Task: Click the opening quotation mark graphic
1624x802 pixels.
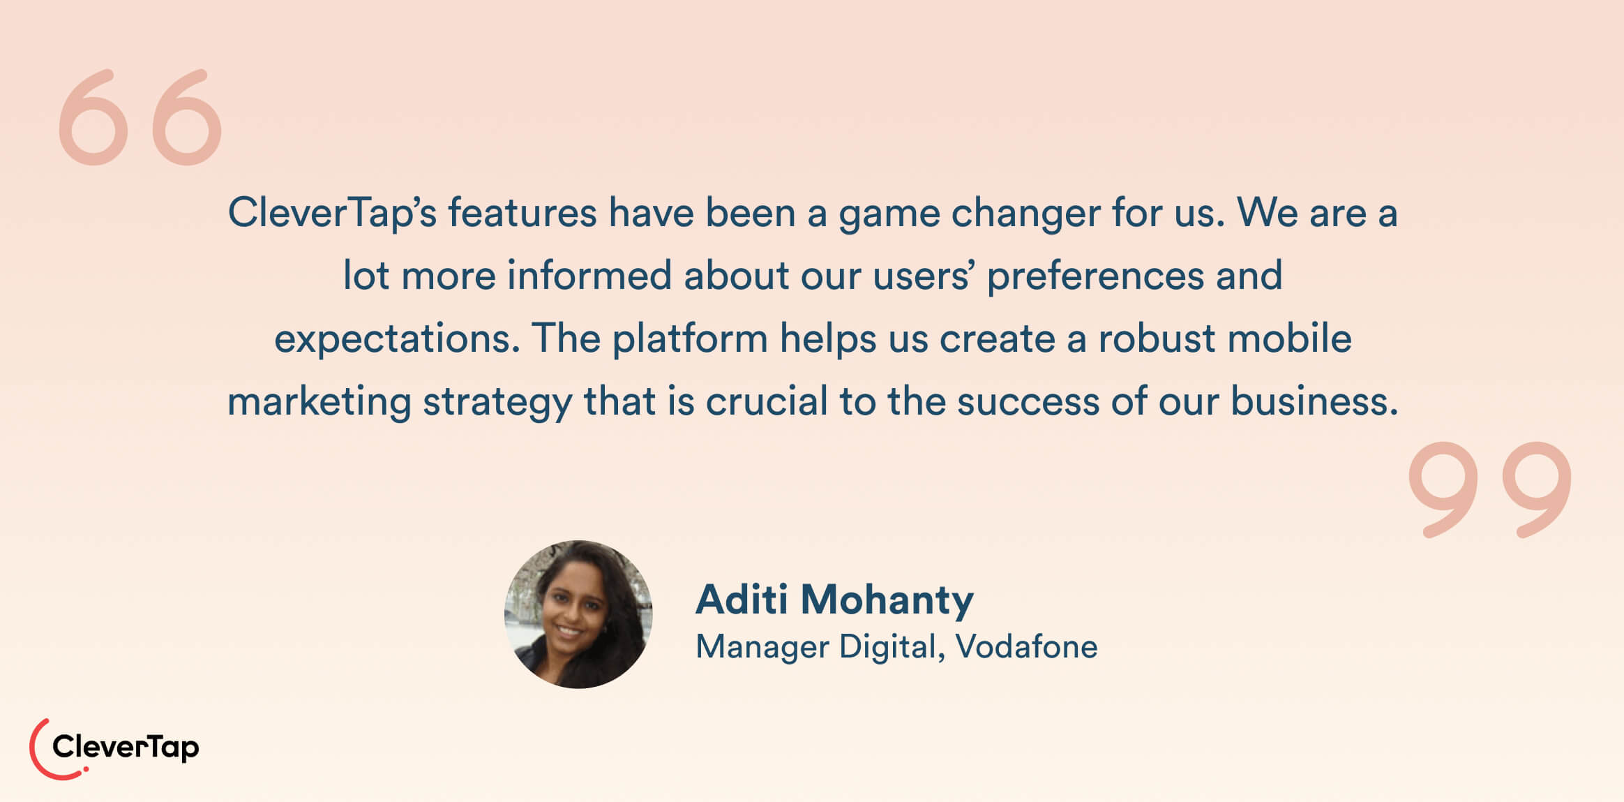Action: pyautogui.click(x=140, y=117)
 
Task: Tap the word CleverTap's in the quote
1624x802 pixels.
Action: pyautogui.click(x=332, y=213)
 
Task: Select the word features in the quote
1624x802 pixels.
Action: pyautogui.click(x=522, y=213)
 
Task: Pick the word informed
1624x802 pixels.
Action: pyautogui.click(x=589, y=276)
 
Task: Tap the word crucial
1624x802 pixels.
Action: pyautogui.click(x=767, y=401)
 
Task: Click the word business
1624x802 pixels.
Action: pyautogui.click(x=1314, y=401)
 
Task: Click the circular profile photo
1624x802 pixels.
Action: pyautogui.click(x=578, y=614)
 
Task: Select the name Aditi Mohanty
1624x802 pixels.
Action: pyautogui.click(x=834, y=600)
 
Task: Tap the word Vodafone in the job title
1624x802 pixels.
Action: pyautogui.click(x=1026, y=646)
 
